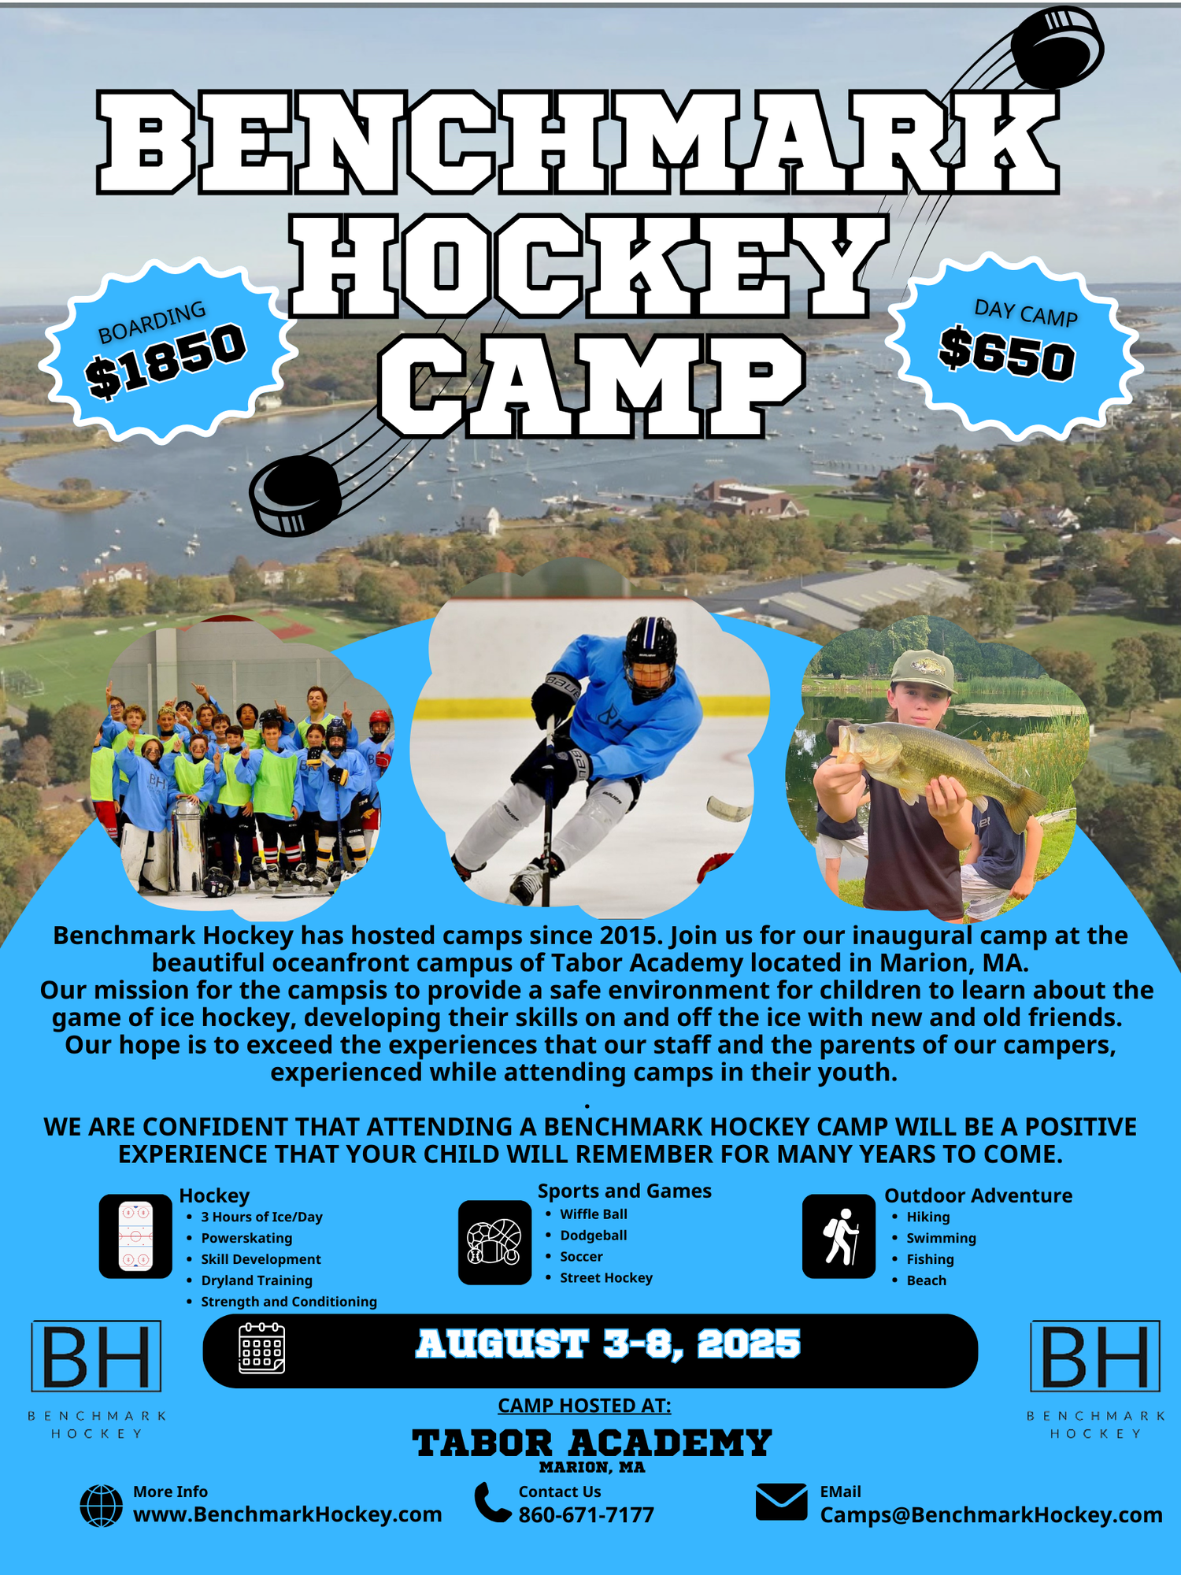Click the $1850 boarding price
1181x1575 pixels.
(x=167, y=361)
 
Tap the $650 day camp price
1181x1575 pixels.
(x=1007, y=353)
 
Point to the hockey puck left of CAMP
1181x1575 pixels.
(x=295, y=495)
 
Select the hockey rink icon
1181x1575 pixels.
(x=135, y=1236)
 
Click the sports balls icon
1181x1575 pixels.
(x=494, y=1242)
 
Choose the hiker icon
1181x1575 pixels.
(x=839, y=1236)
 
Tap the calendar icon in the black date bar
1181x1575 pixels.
(x=261, y=1349)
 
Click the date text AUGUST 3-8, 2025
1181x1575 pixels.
(x=608, y=1344)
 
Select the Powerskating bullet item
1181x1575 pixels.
(x=246, y=1238)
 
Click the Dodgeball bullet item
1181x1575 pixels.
(x=593, y=1236)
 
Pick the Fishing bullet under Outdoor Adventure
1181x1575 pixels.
(x=930, y=1259)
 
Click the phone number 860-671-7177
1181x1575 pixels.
(x=586, y=1515)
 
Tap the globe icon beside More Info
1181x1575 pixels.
(x=102, y=1506)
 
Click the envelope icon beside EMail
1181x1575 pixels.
(x=781, y=1502)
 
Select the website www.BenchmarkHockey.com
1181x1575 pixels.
(x=287, y=1514)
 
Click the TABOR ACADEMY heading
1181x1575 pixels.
(x=592, y=1443)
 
